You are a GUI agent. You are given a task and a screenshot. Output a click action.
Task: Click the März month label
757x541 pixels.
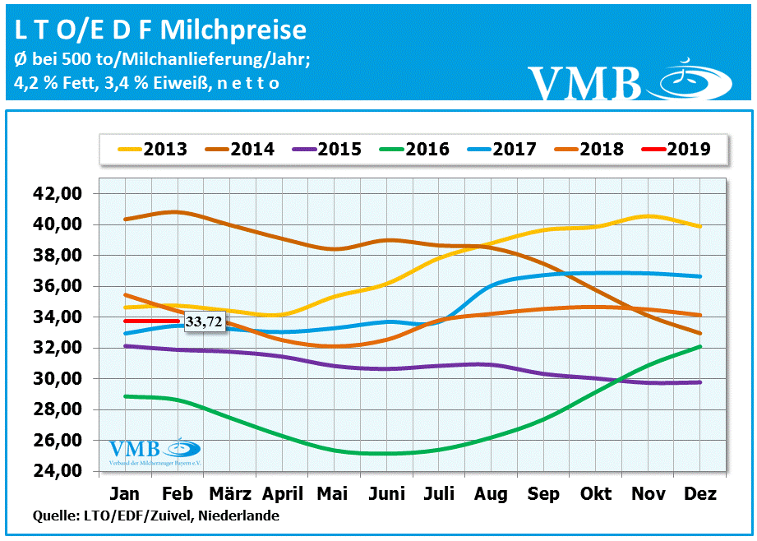coord(229,494)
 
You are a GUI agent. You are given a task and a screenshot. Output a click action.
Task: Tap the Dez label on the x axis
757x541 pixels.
coord(699,494)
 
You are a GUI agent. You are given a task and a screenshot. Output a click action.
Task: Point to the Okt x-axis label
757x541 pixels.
coord(596,494)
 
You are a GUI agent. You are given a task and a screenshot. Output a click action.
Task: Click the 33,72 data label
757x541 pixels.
coord(203,322)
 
